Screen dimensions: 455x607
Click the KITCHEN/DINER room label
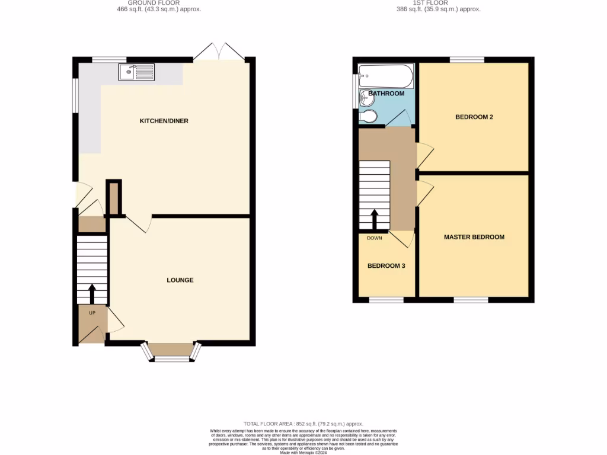click(164, 121)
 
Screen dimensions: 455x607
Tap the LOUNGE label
click(180, 280)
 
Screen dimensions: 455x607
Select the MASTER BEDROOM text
click(474, 237)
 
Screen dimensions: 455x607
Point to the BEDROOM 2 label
click(474, 117)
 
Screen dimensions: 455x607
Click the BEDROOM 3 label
click(386, 266)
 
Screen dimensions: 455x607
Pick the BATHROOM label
click(386, 94)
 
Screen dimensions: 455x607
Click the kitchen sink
click(136, 72)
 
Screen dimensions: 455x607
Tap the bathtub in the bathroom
click(385, 76)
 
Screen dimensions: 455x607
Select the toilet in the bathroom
click(368, 116)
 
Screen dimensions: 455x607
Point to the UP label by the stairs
click(92, 312)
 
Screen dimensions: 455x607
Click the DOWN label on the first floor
click(375, 238)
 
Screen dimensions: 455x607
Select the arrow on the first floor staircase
click(375, 219)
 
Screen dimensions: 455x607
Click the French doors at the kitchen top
click(219, 53)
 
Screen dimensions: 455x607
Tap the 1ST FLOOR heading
click(438, 3)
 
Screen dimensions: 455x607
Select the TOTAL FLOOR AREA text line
click(303, 424)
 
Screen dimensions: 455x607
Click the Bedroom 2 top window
click(467, 59)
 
